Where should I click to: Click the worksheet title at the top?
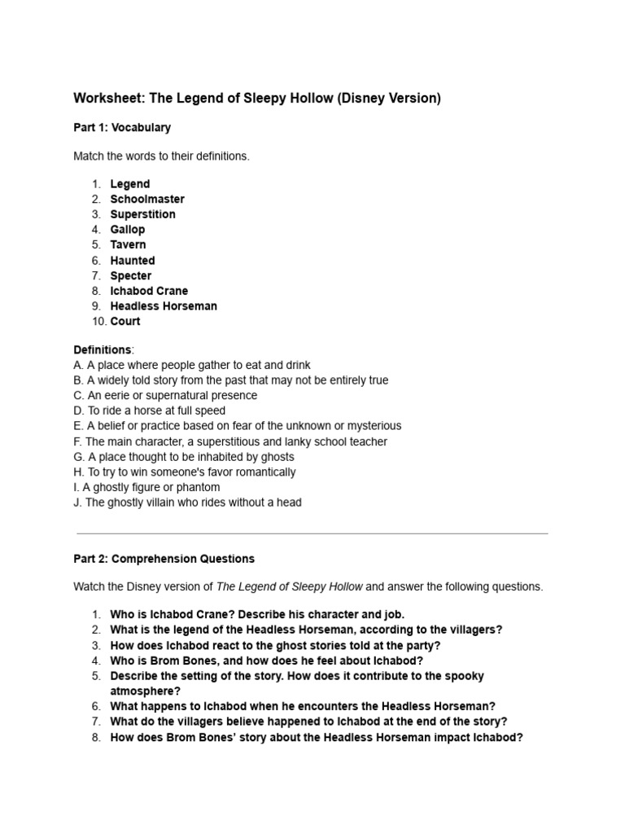[257, 99]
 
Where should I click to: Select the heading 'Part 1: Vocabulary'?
[122, 128]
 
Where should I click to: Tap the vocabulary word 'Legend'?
[130, 184]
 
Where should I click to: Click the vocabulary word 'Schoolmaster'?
[147, 200]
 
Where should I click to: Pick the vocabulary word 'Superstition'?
[143, 214]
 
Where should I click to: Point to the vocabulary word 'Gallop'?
[128, 230]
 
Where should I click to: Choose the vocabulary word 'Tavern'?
[129, 245]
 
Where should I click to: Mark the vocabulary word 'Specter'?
[131, 276]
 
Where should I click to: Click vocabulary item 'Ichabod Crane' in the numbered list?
[149, 291]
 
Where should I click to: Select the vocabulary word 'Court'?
[125, 322]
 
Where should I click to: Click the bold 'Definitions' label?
[103, 350]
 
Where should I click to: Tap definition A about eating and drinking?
[192, 365]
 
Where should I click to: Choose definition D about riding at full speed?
[150, 411]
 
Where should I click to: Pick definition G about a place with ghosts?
[184, 457]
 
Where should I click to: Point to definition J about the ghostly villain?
[187, 503]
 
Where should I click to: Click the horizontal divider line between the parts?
[312, 533]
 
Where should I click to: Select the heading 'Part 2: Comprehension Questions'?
[164, 559]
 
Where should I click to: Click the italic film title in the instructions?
[290, 586]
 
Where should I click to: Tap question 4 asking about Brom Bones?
[267, 661]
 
